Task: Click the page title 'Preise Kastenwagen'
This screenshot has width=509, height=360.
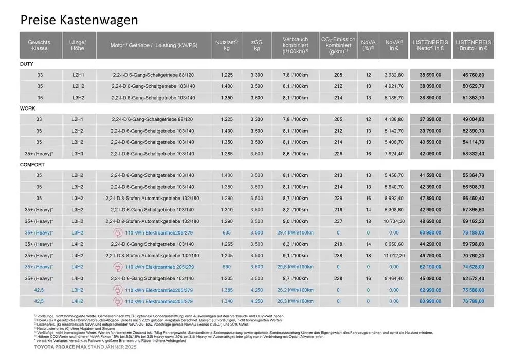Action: [x=79, y=20]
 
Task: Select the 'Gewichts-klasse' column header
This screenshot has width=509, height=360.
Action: [x=39, y=45]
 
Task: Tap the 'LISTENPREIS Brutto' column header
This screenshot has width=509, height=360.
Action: [x=473, y=45]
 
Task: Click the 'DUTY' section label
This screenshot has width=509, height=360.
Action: [x=27, y=64]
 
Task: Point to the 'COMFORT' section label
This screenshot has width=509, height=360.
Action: [x=32, y=165]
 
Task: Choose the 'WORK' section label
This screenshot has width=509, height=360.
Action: [x=28, y=109]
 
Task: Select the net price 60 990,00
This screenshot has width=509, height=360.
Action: [x=430, y=233]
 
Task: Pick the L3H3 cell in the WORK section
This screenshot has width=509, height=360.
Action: [x=78, y=154]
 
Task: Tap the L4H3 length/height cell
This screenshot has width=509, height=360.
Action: [x=78, y=279]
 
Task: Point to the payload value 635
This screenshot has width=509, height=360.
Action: [x=226, y=233]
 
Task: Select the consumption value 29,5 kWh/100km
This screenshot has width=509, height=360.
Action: [x=295, y=267]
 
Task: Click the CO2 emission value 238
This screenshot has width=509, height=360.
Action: [x=338, y=256]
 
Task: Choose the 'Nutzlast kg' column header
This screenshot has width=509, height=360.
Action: [x=226, y=45]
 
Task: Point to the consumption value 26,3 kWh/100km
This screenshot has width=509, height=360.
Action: [x=295, y=301]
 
